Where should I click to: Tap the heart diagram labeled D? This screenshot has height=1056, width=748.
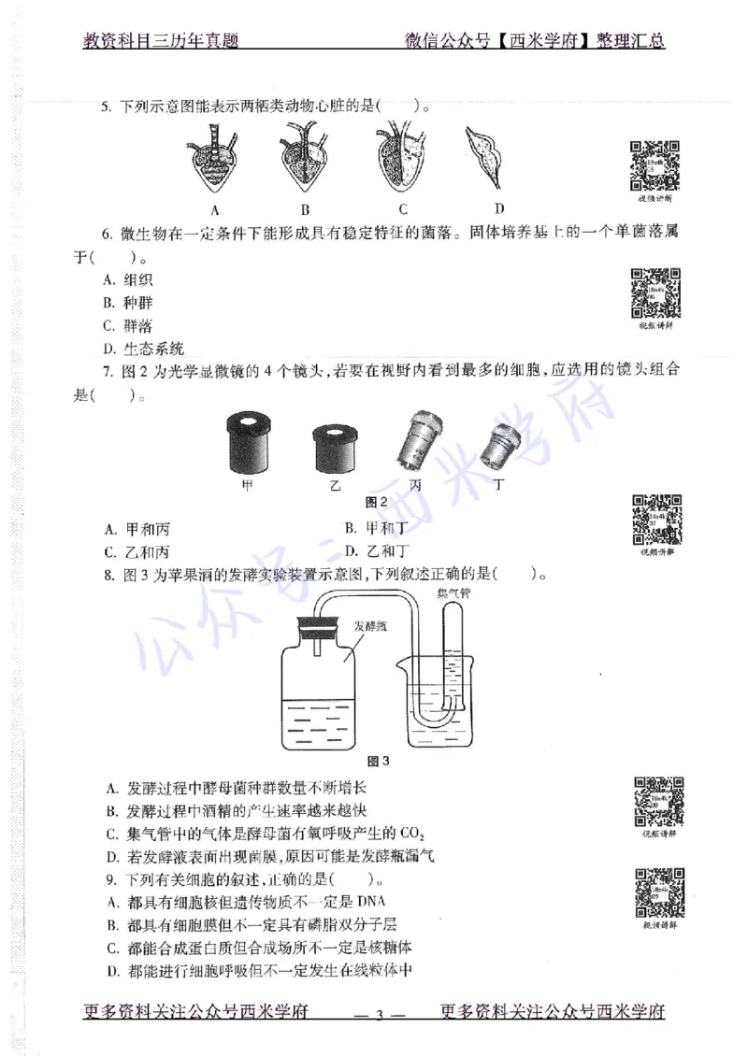pos(494,158)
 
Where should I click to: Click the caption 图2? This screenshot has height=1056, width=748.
pos(378,501)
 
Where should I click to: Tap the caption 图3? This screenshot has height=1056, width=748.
pos(380,760)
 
